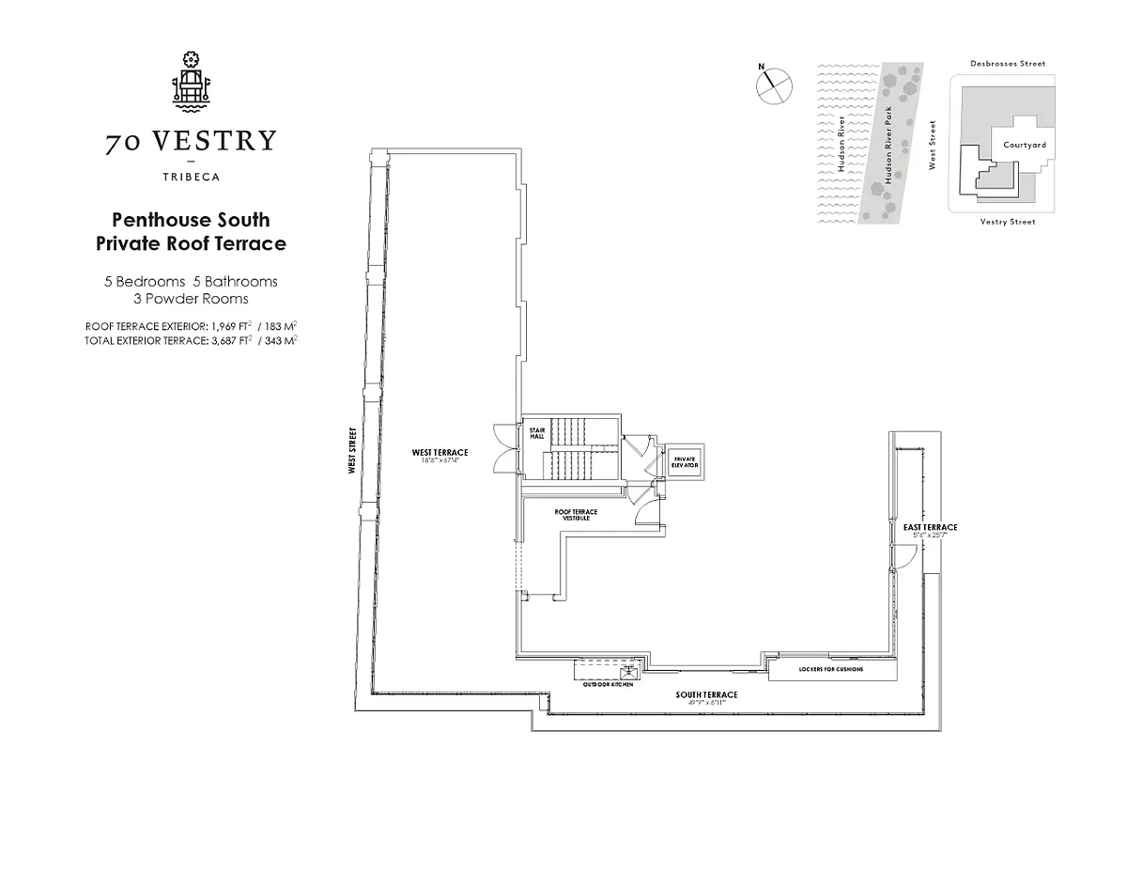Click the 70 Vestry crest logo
(x=191, y=80)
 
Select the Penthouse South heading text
(x=191, y=220)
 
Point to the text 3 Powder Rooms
(x=191, y=299)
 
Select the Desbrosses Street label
(x=1007, y=64)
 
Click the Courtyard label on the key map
(x=1024, y=145)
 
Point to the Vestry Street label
(x=1007, y=222)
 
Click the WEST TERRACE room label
(x=440, y=453)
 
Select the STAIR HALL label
(x=537, y=432)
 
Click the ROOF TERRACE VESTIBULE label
(x=576, y=514)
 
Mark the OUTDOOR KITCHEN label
(x=609, y=685)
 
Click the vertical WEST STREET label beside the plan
(x=351, y=450)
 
